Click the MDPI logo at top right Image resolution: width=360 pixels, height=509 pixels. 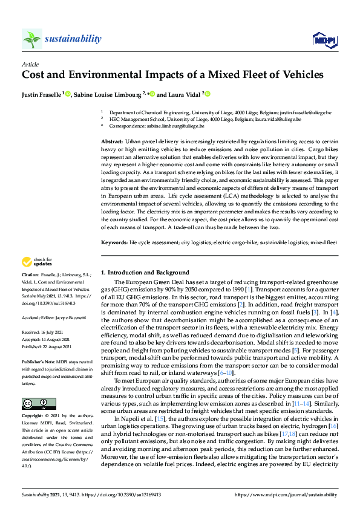[x=324, y=40]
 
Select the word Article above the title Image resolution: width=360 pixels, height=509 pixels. [x=30, y=63]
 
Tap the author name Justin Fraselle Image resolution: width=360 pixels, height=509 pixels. [x=42, y=94]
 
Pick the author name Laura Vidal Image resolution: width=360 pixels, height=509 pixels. [x=185, y=94]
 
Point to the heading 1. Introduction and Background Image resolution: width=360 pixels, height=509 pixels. [x=145, y=273]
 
